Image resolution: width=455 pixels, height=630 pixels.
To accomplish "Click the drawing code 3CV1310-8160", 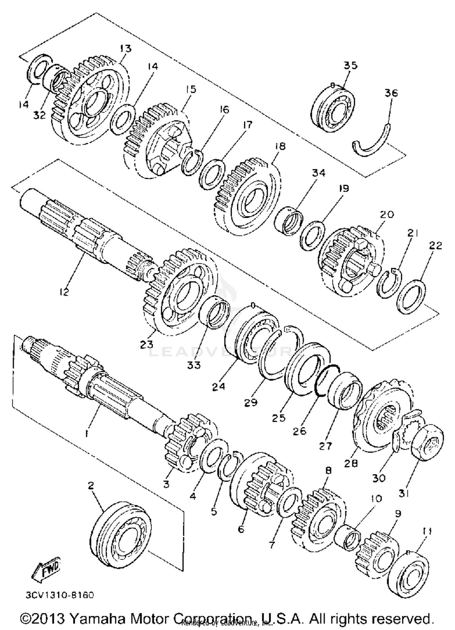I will (60, 595).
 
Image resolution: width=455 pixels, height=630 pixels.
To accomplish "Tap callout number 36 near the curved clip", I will (391, 93).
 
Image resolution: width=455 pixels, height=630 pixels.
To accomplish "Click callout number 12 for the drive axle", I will (64, 291).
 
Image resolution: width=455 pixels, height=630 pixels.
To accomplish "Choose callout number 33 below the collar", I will (194, 365).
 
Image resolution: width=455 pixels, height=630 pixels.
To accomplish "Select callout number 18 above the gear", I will (280, 147).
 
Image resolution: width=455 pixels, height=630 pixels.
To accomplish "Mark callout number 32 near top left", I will (39, 115).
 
